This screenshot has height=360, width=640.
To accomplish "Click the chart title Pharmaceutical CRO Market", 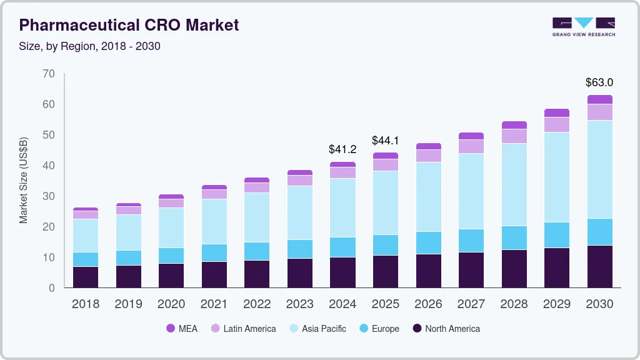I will point(129,25).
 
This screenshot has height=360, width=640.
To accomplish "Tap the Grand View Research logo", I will point(583,27).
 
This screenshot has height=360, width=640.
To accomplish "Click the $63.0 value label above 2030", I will point(599,82).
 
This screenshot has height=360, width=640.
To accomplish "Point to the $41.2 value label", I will point(342,149).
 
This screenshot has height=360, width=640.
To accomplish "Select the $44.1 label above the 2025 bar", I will point(385,141).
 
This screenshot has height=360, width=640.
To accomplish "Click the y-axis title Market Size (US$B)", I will point(24,179).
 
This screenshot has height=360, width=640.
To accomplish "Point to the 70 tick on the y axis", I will point(49,74).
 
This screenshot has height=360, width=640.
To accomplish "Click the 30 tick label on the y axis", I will point(49,196).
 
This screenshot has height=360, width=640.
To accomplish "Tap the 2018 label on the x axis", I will point(85,304).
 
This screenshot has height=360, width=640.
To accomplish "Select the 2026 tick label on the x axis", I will point(428,304).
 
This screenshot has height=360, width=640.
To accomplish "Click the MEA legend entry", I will point(181,328).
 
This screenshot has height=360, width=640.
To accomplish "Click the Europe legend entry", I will point(378,328).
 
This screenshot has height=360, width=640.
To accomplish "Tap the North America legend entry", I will point(445,328).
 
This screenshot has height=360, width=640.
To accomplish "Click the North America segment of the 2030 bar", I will point(599,266).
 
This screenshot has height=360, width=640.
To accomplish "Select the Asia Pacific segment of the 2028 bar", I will point(514,184).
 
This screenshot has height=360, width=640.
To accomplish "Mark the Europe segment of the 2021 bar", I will point(214,252).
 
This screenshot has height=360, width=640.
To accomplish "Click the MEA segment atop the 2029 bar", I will point(556,112).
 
